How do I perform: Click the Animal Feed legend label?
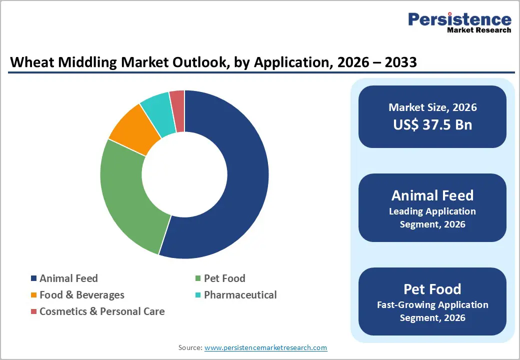click(x=68, y=278)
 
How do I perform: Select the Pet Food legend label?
click(x=224, y=278)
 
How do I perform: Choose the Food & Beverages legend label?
click(x=81, y=295)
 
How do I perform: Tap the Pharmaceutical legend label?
click(x=240, y=295)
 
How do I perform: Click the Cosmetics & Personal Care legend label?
click(x=101, y=311)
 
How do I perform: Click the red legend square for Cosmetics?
click(x=33, y=311)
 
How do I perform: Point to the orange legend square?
click(x=33, y=295)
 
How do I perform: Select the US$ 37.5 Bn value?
click(x=432, y=124)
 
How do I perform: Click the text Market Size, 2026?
click(x=432, y=107)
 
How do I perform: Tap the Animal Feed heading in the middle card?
click(x=432, y=195)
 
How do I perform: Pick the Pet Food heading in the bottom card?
click(x=432, y=289)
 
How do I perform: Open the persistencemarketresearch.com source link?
click(x=265, y=347)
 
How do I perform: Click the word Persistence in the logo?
click(x=459, y=19)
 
